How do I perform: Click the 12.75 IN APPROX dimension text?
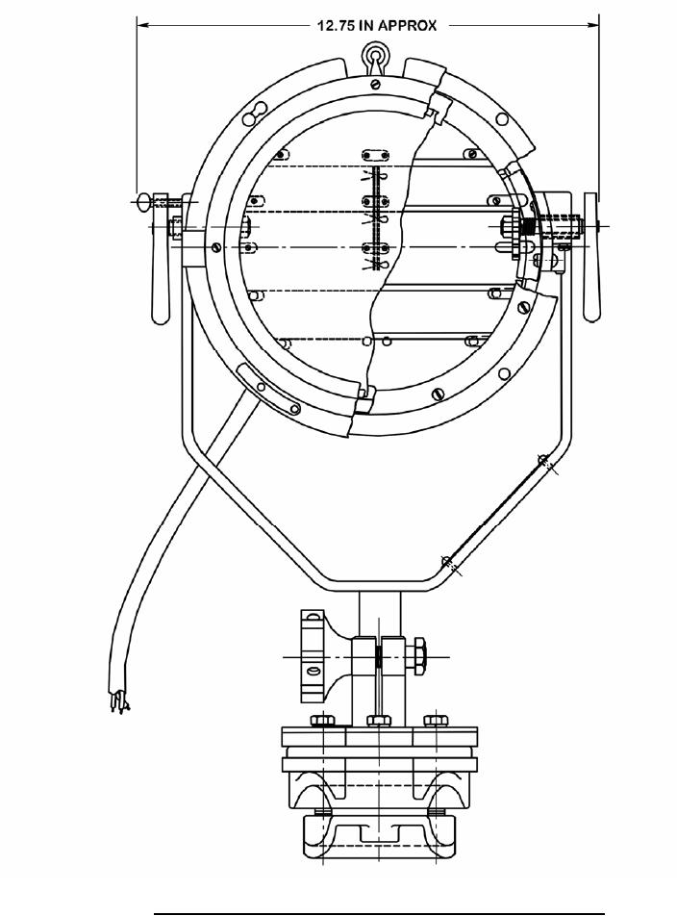tap(376, 25)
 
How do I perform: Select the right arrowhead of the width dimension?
tap(592, 25)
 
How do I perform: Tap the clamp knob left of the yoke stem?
tap(313, 656)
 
